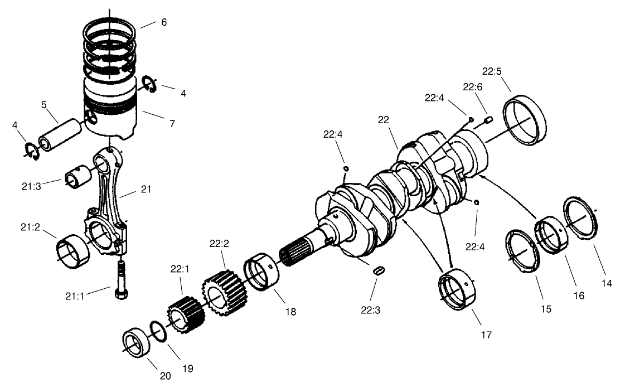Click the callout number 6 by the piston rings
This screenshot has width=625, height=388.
[163, 22]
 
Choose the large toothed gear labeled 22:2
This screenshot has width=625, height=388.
[224, 291]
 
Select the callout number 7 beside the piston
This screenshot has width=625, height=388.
[172, 124]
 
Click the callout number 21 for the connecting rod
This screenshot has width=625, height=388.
[146, 190]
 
